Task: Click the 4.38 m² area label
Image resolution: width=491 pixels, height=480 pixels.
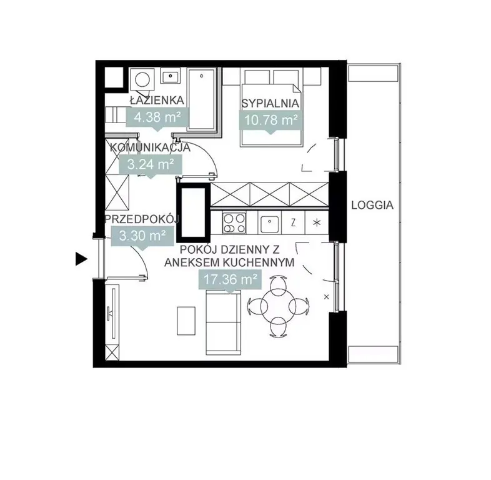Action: tap(157, 117)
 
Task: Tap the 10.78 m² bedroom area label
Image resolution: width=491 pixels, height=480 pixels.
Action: tap(270, 119)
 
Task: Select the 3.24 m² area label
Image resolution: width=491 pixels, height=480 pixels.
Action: tap(151, 164)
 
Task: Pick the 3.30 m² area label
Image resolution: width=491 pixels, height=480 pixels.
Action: tap(142, 236)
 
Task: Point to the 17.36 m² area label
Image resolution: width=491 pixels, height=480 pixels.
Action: tap(231, 279)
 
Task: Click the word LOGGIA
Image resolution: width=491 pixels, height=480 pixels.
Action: tap(372, 205)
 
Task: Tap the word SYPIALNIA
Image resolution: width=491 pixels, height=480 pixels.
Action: tap(270, 103)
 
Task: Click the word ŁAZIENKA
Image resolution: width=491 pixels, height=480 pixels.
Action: tap(157, 100)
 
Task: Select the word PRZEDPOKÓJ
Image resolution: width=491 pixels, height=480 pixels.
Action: tap(142, 219)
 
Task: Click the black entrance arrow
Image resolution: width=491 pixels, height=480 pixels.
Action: tap(81, 259)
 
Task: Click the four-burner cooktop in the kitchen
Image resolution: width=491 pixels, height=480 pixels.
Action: tap(234, 222)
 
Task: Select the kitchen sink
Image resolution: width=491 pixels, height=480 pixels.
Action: tap(269, 224)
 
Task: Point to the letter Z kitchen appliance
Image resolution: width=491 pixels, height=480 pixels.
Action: tap(293, 222)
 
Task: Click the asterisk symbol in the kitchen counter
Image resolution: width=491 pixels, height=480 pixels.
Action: tap(317, 223)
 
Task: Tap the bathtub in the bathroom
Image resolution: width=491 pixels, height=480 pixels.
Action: tap(202, 99)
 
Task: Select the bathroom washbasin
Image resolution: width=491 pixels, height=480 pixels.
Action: tap(171, 76)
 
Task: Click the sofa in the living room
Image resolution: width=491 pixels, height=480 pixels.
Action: tap(223, 322)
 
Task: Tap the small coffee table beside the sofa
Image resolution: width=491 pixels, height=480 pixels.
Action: tap(186, 321)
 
